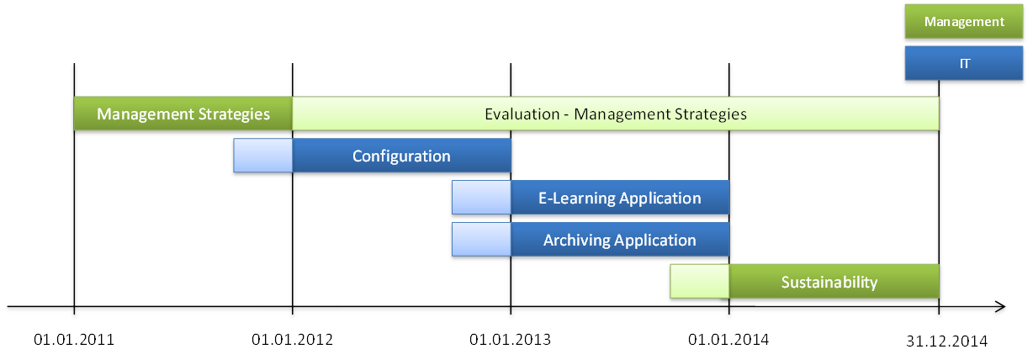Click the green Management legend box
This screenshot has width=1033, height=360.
pyautogui.click(x=964, y=21)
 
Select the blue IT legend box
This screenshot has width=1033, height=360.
pyautogui.click(x=964, y=63)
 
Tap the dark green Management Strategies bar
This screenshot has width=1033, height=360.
pyautogui.click(x=183, y=114)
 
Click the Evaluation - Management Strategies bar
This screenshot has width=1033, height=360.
pyautogui.click(x=616, y=114)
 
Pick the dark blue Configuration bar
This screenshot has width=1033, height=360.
pyautogui.click(x=401, y=156)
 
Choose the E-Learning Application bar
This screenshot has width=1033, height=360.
pyautogui.click(x=620, y=198)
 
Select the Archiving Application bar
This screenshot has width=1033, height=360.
pyautogui.click(x=620, y=239)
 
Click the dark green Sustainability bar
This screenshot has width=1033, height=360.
pyautogui.click(x=834, y=281)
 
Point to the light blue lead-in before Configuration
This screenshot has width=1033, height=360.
pyautogui.click(x=262, y=156)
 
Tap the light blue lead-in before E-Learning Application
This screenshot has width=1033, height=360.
pyautogui.click(x=481, y=198)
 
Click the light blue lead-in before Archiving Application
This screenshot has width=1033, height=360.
pyautogui.click(x=481, y=239)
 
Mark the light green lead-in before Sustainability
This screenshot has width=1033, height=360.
pyautogui.click(x=700, y=281)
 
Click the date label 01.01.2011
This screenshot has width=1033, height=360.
pyautogui.click(x=74, y=340)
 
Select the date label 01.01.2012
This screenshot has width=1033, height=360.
pyautogui.click(x=292, y=340)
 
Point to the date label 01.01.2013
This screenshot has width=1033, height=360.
pyautogui.click(x=510, y=340)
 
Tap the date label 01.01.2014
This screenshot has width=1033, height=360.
pyautogui.click(x=728, y=340)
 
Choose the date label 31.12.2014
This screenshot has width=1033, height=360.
pyautogui.click(x=946, y=341)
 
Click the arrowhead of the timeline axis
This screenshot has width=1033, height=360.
pyautogui.click(x=1001, y=306)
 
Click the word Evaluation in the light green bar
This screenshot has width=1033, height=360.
pyautogui.click(x=522, y=114)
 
